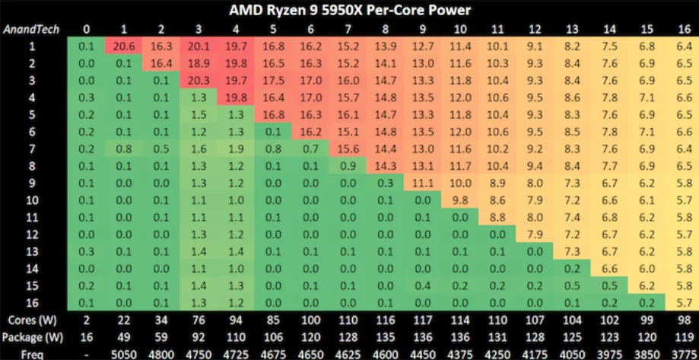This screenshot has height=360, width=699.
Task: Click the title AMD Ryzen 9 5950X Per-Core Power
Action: pos(350,10)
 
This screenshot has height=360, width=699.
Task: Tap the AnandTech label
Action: pos(30,30)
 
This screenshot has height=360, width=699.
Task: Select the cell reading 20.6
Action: pos(124,46)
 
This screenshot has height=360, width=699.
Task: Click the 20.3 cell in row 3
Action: pos(199,81)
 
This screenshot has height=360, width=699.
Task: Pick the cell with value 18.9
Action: pos(199,63)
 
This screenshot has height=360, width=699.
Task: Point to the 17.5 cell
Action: pos(273,81)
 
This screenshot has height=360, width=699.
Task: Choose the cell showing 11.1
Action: pos(423,183)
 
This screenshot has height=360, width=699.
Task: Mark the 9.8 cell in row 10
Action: pos(460,200)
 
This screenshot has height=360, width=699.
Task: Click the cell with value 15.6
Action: pos(348,149)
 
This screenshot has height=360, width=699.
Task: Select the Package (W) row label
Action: pos(32,338)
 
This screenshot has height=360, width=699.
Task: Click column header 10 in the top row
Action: pos(460,30)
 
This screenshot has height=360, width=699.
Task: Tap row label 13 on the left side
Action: pos(32,252)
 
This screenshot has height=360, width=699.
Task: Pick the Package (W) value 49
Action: pos(124,338)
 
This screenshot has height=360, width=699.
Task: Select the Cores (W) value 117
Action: pos(423,320)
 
